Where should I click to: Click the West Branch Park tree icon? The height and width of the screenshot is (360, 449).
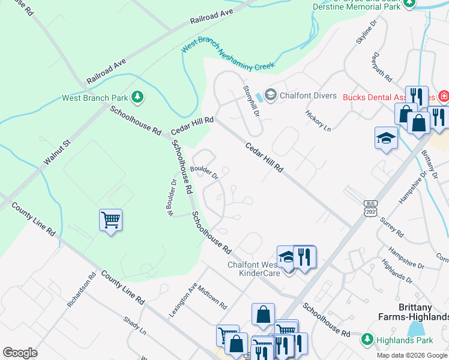(x=137, y=97)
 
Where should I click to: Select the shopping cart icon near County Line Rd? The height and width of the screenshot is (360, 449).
(x=111, y=220)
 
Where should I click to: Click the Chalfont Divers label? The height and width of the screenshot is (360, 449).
(x=304, y=94)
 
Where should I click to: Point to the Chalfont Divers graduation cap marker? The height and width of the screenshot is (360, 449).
(x=271, y=94)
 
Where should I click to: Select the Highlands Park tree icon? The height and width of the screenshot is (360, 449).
(x=366, y=340)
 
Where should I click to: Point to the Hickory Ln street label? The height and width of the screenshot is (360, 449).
(x=318, y=120)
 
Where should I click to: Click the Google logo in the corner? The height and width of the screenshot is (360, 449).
(x=20, y=352)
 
